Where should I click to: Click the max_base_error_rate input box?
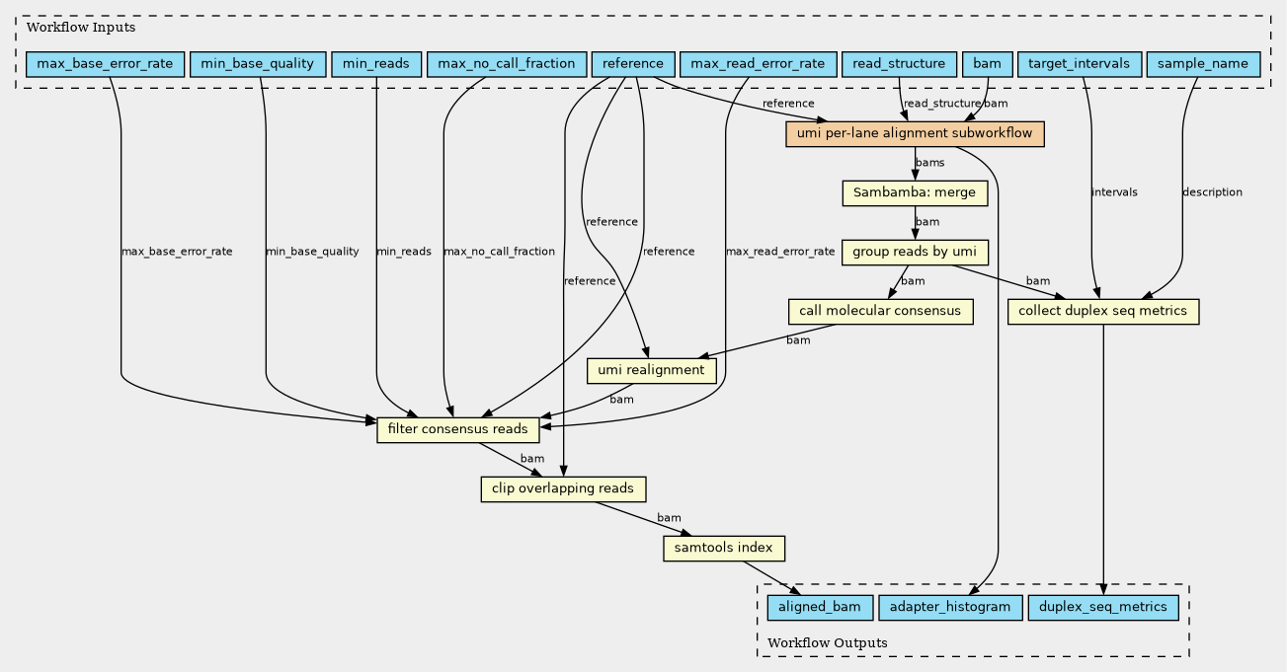(x=105, y=64)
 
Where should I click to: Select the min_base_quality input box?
(x=258, y=64)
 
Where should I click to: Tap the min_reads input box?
(x=376, y=64)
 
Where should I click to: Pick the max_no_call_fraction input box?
(x=506, y=64)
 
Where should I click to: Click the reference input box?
(x=633, y=64)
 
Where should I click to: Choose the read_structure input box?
(x=899, y=64)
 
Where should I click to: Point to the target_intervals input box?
(x=1079, y=64)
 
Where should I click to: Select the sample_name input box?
(x=1203, y=64)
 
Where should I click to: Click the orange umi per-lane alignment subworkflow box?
(x=915, y=134)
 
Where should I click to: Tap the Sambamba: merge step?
(x=915, y=192)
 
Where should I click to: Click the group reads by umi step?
(x=915, y=252)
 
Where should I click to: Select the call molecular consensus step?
(x=880, y=311)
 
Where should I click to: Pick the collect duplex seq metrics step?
(x=1103, y=311)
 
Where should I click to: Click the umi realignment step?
(x=652, y=370)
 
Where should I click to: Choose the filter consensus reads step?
(x=458, y=429)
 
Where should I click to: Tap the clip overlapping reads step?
(x=563, y=488)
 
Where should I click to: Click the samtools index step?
(x=724, y=548)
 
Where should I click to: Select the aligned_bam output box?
(x=820, y=607)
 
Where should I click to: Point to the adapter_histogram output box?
(x=950, y=607)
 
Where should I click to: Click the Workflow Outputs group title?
(x=828, y=642)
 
